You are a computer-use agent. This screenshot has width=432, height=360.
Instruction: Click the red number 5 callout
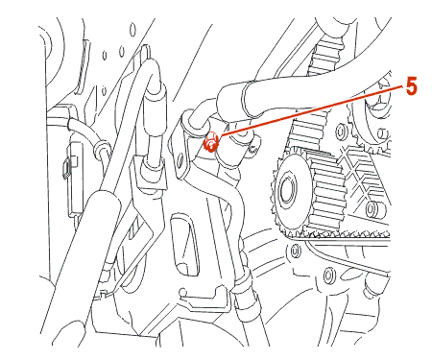point(412,86)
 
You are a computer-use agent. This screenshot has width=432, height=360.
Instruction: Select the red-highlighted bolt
point(211,142)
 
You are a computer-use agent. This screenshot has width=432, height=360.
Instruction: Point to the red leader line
point(310,111)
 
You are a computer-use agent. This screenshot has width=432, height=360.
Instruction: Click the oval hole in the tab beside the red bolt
point(181,158)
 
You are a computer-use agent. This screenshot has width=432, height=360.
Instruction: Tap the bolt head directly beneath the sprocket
point(296,251)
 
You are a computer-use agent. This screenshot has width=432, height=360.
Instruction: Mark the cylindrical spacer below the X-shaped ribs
point(372,208)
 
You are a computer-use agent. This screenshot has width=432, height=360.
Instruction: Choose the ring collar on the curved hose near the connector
point(100,148)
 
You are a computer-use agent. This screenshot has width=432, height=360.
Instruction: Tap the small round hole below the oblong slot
point(182,292)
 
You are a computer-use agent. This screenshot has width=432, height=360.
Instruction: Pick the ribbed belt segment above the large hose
point(324,60)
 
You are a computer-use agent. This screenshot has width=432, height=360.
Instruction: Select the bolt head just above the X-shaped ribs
point(341,131)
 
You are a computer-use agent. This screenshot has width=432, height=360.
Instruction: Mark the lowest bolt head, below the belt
point(328,275)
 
